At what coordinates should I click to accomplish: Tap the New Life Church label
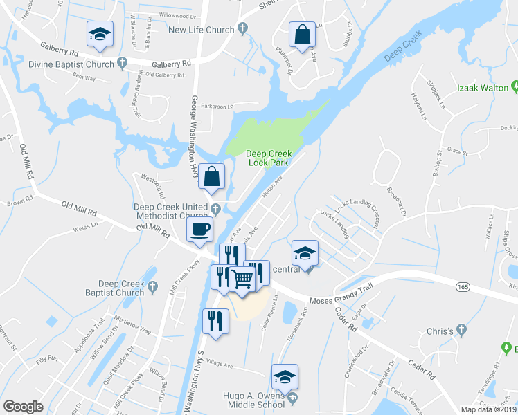coord(202,29)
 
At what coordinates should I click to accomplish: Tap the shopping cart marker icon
coord(242,279)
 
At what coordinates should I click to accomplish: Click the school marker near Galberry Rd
coord(100,34)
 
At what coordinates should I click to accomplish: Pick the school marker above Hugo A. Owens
coord(284,377)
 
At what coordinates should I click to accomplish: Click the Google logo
coord(24,406)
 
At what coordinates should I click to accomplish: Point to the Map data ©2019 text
coord(488,409)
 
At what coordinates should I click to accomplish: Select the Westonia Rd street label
coord(154,187)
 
